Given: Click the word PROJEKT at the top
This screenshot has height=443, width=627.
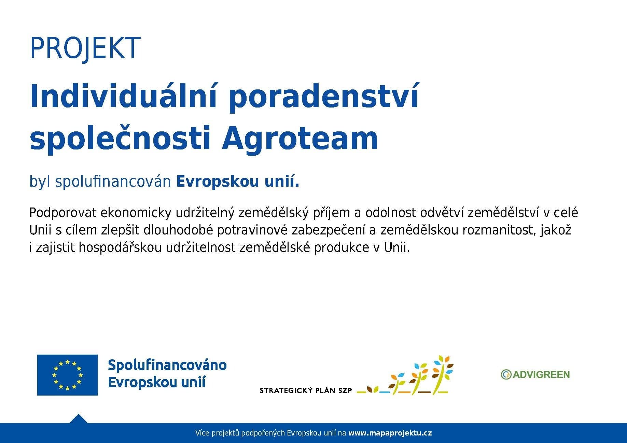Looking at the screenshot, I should pyautogui.click(x=85, y=48).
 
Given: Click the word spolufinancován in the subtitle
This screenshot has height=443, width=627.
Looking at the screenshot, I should pyautogui.click(x=113, y=182).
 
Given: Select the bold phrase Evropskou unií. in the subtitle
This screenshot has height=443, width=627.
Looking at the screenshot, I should pyautogui.click(x=238, y=182).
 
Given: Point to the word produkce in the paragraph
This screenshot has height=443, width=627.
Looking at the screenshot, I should pyautogui.click(x=340, y=248).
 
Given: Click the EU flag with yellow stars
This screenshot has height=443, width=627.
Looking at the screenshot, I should pyautogui.click(x=67, y=375).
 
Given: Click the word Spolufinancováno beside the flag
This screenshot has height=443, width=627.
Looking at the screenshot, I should pyautogui.click(x=167, y=365).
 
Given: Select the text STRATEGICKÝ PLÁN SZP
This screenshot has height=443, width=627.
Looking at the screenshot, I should pyautogui.click(x=306, y=390).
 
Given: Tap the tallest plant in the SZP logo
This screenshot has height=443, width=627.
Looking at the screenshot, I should pyautogui.click(x=442, y=374).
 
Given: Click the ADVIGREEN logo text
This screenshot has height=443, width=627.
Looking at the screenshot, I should pyautogui.click(x=541, y=375).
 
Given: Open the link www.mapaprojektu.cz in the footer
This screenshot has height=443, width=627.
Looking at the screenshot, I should pyautogui.click(x=390, y=433).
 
